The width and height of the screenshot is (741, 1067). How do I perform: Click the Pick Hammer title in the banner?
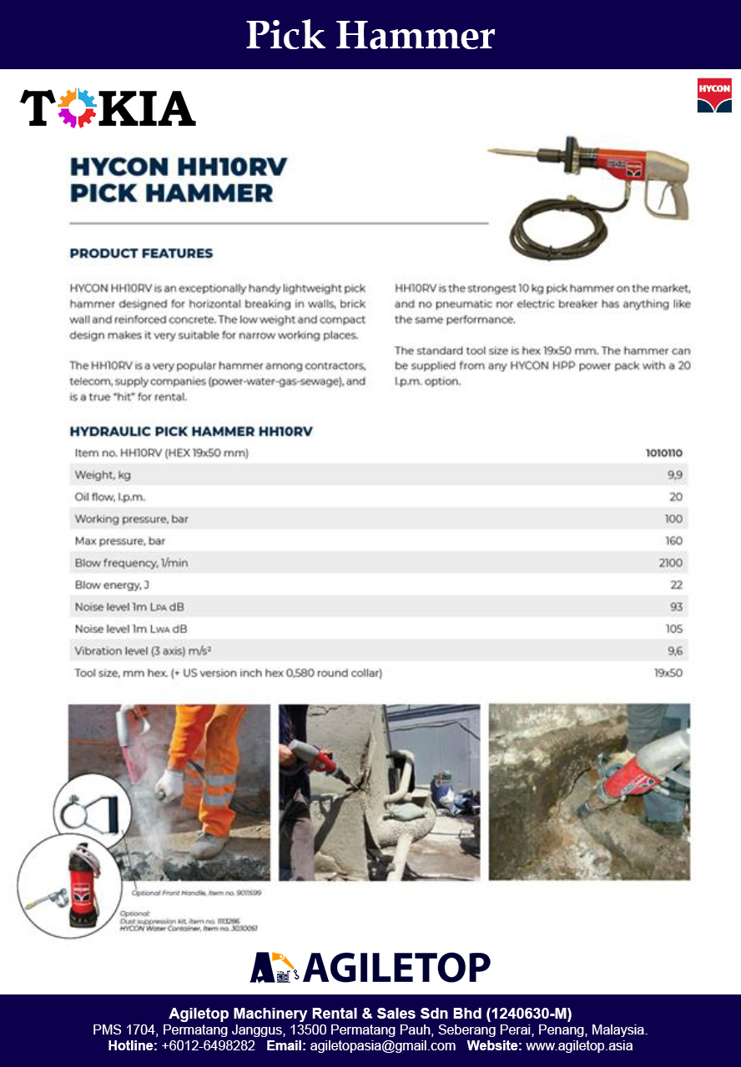pyautogui.click(x=370, y=35)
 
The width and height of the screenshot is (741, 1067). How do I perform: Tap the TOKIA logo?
pyautogui.click(x=108, y=108)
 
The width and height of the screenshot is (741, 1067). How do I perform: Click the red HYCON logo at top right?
pyautogui.click(x=713, y=94)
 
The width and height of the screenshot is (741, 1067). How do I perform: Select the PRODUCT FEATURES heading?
pyautogui.click(x=141, y=253)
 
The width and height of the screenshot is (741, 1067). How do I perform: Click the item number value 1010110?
pyautogui.click(x=663, y=453)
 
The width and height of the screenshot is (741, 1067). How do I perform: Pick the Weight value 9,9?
pyautogui.click(x=674, y=475)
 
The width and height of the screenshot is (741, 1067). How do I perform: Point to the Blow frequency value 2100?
pyautogui.click(x=670, y=563)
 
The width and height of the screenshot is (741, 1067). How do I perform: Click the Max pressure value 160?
pyautogui.click(x=673, y=541)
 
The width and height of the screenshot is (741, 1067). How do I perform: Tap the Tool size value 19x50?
pyautogui.click(x=668, y=672)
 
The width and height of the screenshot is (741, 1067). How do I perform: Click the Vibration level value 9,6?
pyautogui.click(x=674, y=650)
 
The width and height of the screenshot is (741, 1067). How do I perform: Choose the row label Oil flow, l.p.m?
pyautogui.click(x=110, y=497)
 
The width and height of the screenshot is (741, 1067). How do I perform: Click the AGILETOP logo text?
pyautogui.click(x=396, y=967)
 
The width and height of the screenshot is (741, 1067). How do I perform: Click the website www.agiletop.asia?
pyautogui.click(x=578, y=1045)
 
